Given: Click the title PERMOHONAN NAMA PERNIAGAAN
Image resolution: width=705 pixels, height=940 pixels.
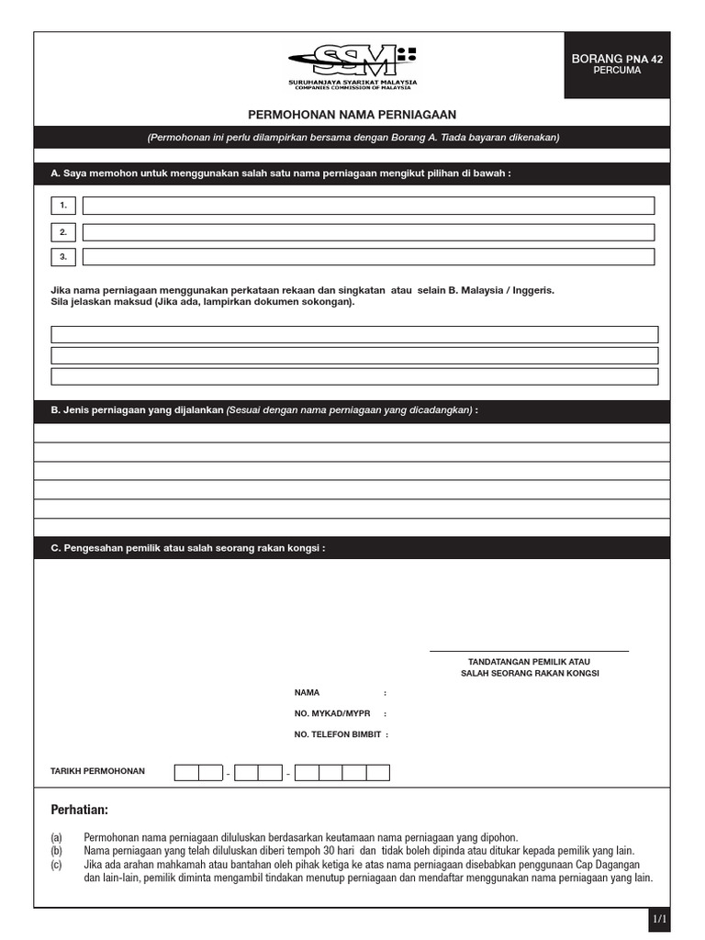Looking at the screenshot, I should coord(352,114).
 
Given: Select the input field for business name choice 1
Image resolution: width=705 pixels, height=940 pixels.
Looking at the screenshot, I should coord(368,206).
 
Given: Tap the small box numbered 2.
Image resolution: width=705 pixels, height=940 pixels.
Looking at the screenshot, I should coord(63,232).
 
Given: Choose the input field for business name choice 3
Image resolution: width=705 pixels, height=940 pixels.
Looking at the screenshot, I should coord(368,257).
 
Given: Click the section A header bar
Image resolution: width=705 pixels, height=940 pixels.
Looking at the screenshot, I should coord(352,173).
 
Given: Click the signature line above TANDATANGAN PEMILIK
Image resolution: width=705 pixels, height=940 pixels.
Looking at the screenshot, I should coord(529,651).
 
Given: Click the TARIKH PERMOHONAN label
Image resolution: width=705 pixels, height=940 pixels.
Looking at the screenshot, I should coord(97,771).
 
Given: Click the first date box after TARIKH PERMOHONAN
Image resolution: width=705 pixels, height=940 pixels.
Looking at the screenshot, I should coord(186,772).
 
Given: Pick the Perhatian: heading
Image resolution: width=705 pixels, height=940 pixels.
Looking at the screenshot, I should coord(79,810).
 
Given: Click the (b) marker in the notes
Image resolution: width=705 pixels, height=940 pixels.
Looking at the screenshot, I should coord(57,851).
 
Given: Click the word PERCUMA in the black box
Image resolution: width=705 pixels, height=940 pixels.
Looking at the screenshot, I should coord(617,71).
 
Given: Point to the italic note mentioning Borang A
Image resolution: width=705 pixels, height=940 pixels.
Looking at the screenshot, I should coord(352,138).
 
